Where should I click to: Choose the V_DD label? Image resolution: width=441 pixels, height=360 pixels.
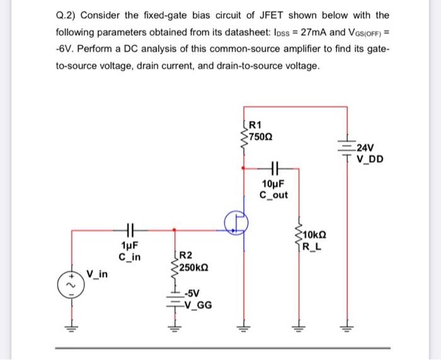pos(369,159)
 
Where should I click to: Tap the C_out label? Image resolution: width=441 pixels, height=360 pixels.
pos(273,194)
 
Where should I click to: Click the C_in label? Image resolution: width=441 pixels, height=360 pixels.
pos(130,257)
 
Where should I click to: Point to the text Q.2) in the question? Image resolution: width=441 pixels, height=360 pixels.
pos(67,14)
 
